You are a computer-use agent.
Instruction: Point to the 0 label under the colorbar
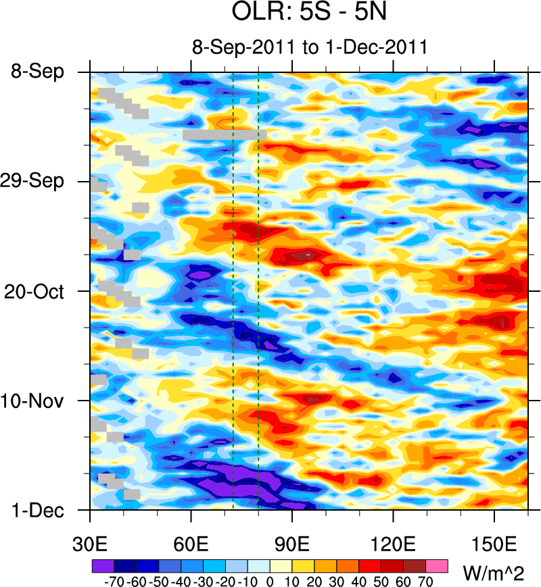270,580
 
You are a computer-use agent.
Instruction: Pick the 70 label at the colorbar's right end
427,580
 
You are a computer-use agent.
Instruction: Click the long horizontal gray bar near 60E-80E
224,134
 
